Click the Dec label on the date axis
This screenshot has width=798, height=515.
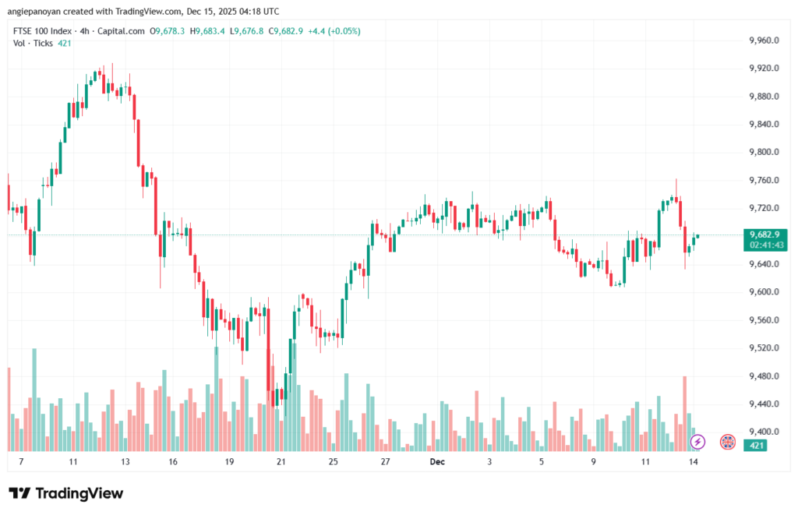437,462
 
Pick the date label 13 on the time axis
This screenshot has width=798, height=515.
125,462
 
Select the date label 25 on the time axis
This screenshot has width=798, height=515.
334,462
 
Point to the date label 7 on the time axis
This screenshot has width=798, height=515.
21,462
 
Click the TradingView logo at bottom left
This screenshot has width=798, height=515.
65,493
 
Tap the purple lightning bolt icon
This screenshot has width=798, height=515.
698,442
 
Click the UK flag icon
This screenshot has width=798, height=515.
728,442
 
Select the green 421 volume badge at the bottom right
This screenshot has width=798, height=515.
755,445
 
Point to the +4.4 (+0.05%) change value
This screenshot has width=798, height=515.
333,31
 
